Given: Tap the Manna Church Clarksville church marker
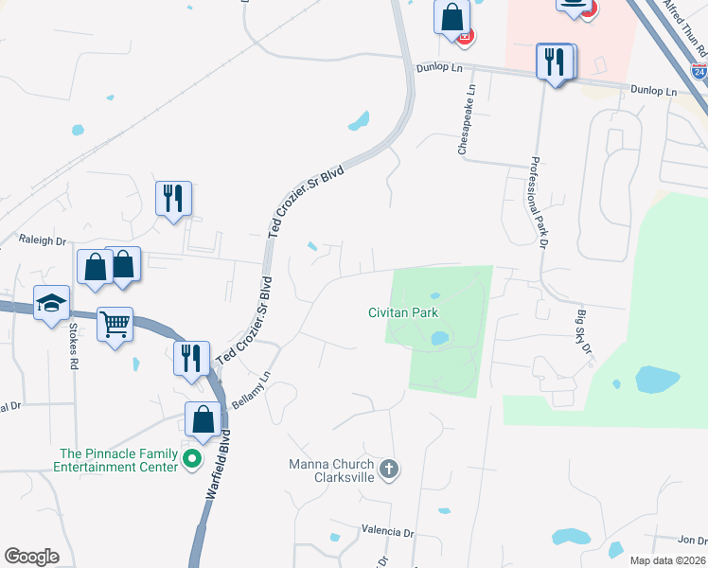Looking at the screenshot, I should [x=388, y=469].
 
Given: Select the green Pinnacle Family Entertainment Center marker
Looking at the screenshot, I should [x=193, y=461].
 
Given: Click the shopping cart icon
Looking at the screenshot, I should [x=115, y=325].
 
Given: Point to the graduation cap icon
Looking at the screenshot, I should [x=52, y=303].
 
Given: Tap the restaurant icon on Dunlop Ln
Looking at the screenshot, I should [x=555, y=62].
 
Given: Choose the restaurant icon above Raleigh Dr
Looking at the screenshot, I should [x=173, y=199].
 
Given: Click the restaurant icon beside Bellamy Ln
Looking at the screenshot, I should [x=192, y=359].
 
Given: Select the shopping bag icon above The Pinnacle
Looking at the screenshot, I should [x=204, y=419].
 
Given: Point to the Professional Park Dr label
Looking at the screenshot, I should [x=540, y=204].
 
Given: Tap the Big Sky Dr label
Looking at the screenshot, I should [x=583, y=332].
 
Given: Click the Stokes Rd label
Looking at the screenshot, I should [x=73, y=346].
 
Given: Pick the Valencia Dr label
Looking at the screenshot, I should [x=388, y=533].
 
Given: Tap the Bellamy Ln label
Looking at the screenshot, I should [x=251, y=389].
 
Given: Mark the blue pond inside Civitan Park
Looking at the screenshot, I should [x=439, y=337].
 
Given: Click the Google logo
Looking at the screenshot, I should [x=31, y=557].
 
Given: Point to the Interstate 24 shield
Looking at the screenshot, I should [x=698, y=70].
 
